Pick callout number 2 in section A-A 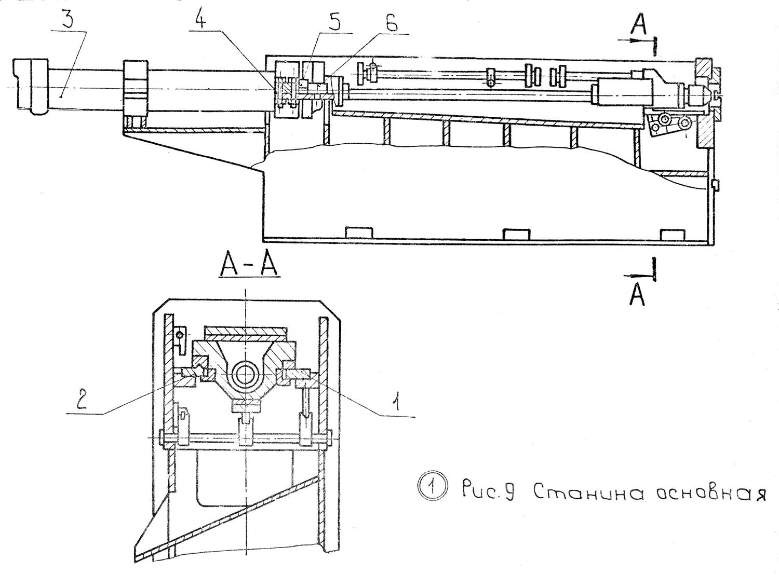pos(81,402)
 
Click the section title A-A pos(249,268)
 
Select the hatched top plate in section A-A pos(246,332)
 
